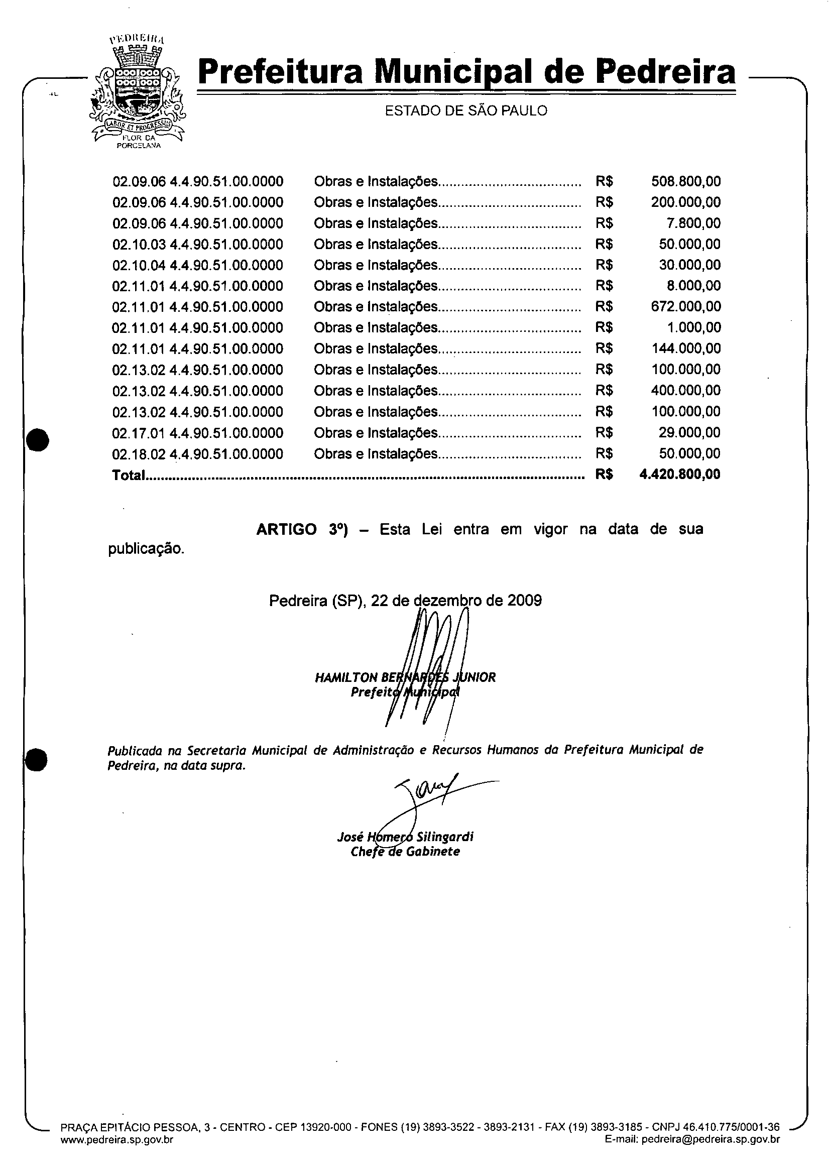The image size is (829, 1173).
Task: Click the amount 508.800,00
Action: pyautogui.click(x=685, y=181)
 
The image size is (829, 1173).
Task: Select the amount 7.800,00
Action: pyautogui.click(x=693, y=223)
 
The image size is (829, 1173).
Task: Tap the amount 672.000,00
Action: pyautogui.click(x=685, y=306)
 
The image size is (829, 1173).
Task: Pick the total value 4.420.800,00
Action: pyautogui.click(x=679, y=475)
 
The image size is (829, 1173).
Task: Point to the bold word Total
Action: pyautogui.click(x=128, y=476)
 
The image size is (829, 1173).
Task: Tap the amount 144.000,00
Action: pyautogui.click(x=686, y=349)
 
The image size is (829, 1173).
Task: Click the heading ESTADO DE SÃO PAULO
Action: pyautogui.click(x=465, y=111)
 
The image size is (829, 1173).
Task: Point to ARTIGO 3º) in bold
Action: pyautogui.click(x=301, y=529)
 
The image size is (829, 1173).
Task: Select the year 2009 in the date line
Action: pyautogui.click(x=524, y=600)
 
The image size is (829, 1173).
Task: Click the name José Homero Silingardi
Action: pyautogui.click(x=405, y=837)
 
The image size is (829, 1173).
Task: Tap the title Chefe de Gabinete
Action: pyautogui.click(x=405, y=852)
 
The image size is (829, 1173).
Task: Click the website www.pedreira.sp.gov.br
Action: pyautogui.click(x=117, y=1153)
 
